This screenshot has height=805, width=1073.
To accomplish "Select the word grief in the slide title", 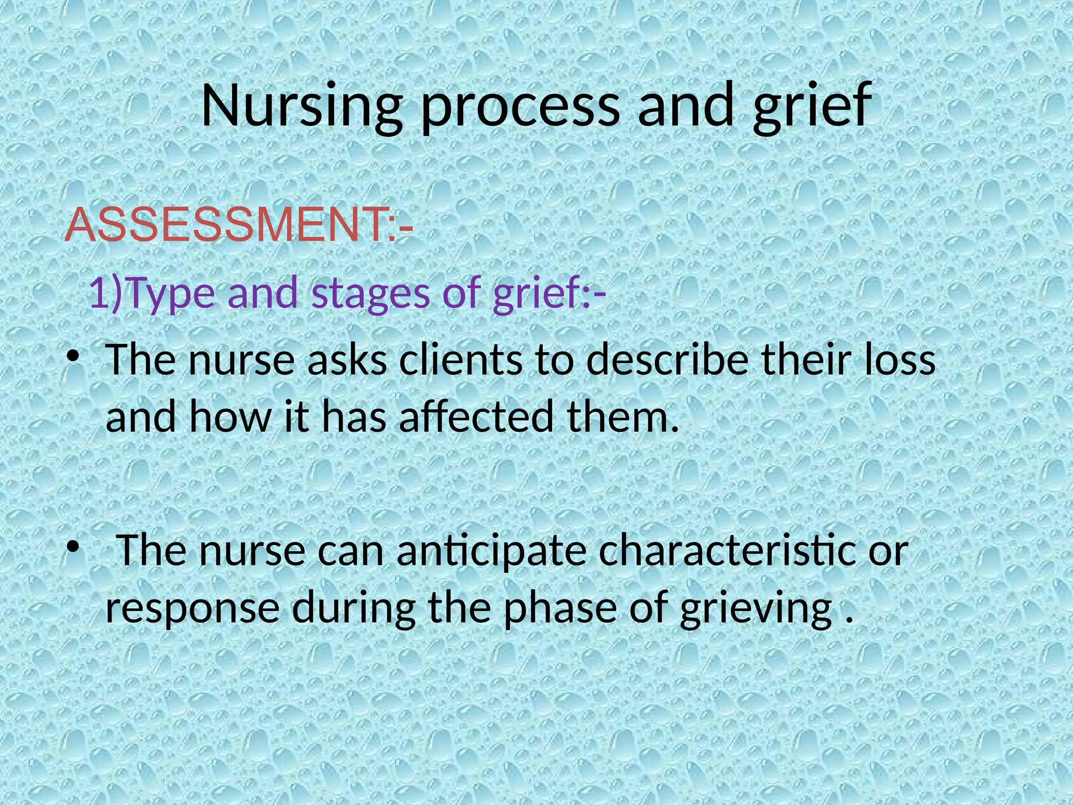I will click(812, 106).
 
